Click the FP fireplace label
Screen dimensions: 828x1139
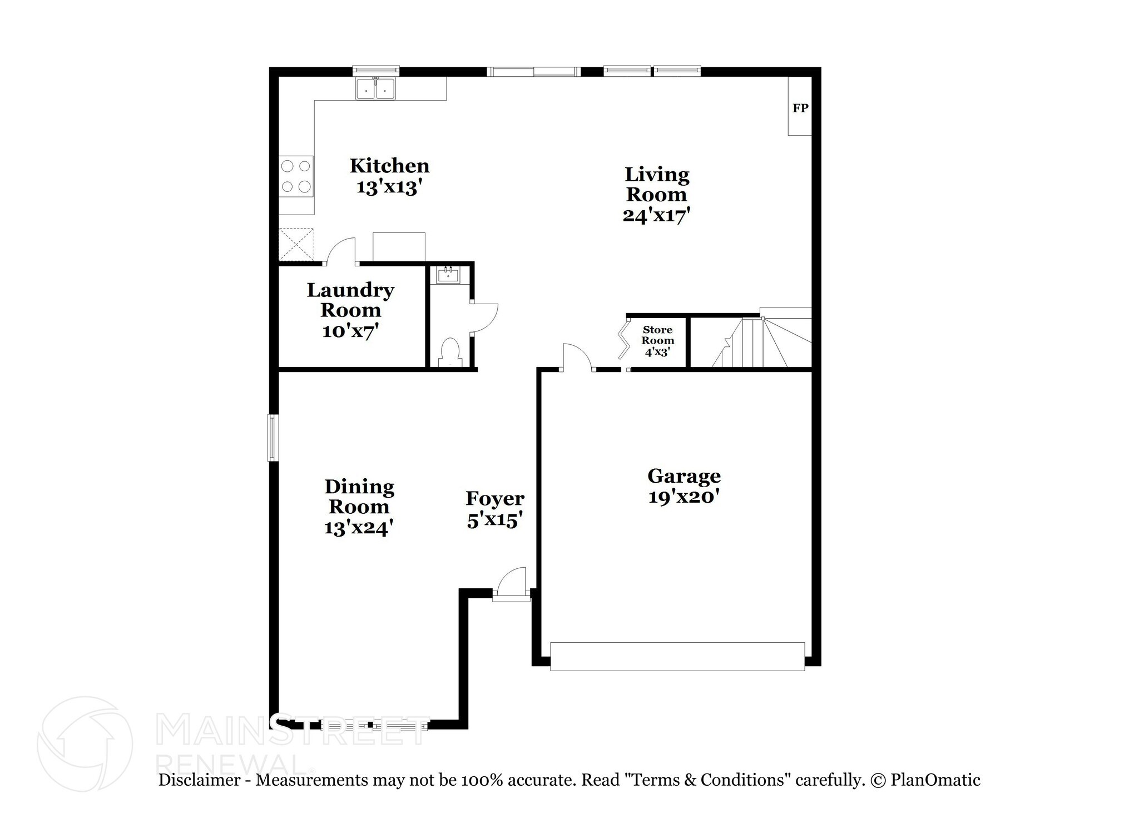point(800,108)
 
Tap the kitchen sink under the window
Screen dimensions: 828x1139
point(375,89)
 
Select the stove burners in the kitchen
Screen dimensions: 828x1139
point(296,176)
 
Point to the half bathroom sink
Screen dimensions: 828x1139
point(448,275)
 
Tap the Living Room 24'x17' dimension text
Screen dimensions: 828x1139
point(656,215)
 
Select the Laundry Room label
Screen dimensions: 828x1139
point(350,300)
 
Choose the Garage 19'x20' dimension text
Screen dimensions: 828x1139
point(684,497)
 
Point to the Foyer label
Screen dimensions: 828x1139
point(494,498)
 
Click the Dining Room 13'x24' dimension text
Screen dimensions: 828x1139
point(359,527)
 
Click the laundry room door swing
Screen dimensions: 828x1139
point(341,251)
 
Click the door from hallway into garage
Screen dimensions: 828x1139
point(576,357)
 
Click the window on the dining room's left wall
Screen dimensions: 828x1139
point(273,438)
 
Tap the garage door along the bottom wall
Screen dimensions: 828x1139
point(677,656)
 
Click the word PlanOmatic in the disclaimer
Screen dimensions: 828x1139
point(935,780)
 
